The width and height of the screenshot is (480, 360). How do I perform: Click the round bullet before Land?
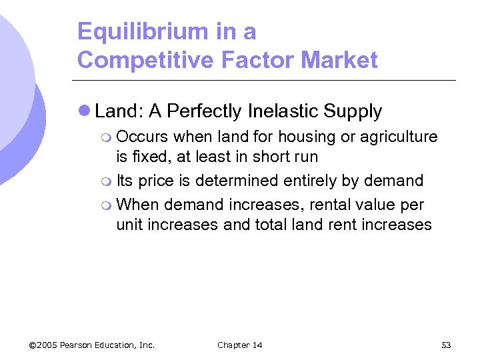(85, 111)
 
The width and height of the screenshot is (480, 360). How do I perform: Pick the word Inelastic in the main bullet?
(280, 111)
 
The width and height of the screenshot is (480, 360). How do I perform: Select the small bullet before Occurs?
(109, 137)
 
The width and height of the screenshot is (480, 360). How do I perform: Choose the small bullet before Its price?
(109, 181)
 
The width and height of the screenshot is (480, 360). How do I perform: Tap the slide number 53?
(446, 345)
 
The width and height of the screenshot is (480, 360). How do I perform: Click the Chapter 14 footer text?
(240, 345)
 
